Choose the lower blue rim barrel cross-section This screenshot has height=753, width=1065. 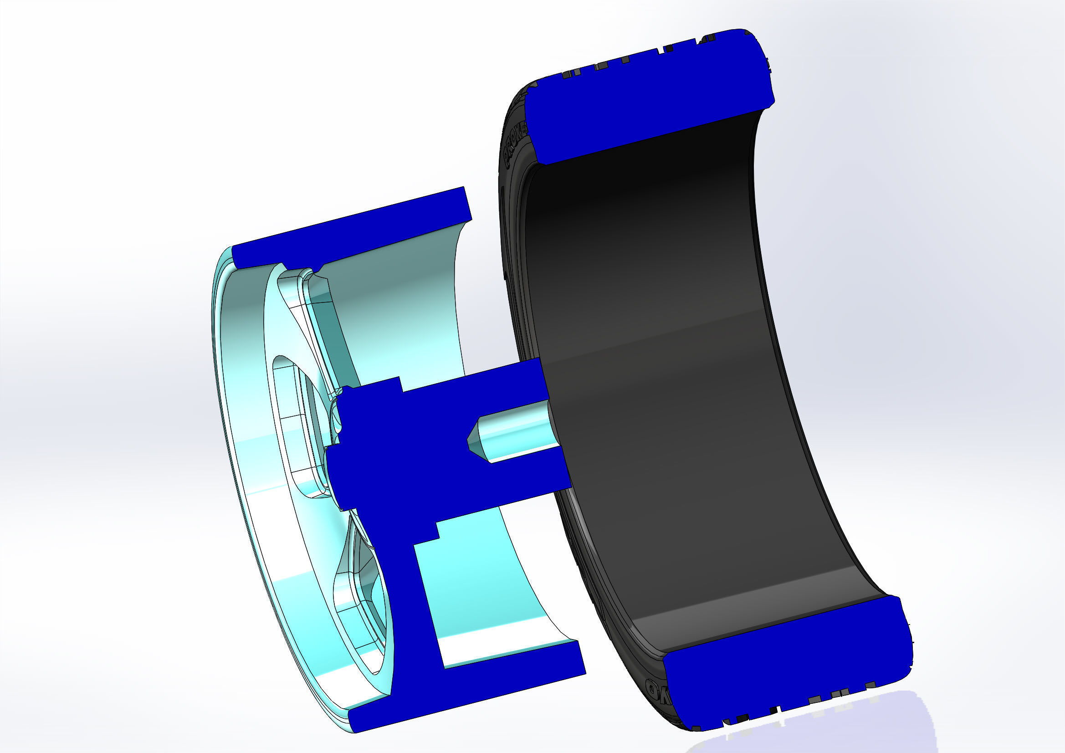464,692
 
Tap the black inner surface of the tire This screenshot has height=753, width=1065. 696,371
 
